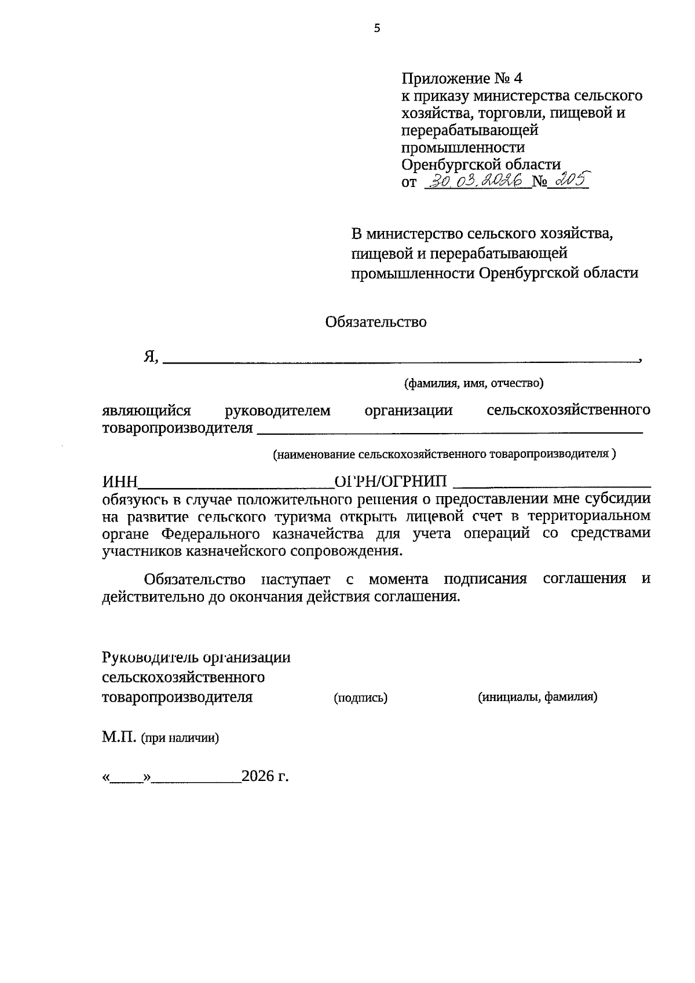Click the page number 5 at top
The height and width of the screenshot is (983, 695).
(x=377, y=28)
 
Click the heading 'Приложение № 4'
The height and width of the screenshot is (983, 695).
(x=462, y=78)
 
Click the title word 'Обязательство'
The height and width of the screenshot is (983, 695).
(x=376, y=322)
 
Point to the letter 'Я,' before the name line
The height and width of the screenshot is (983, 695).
(x=151, y=357)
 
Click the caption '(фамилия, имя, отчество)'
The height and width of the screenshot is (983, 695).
(x=474, y=383)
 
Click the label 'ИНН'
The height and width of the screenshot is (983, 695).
(x=120, y=481)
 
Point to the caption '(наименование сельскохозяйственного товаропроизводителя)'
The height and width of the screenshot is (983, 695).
(x=444, y=454)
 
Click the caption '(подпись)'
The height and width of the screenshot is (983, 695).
(x=360, y=698)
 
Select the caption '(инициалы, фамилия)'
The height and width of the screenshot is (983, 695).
(x=537, y=697)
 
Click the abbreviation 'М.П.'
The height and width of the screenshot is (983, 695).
(x=119, y=737)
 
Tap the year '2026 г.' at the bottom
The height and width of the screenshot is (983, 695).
(x=265, y=776)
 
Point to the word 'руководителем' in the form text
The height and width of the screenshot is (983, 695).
(x=277, y=410)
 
